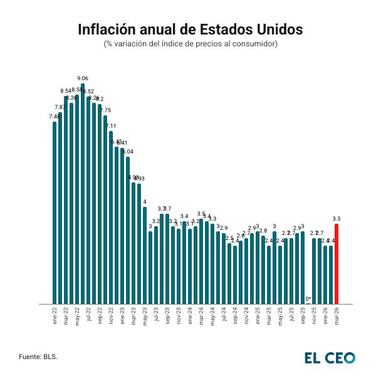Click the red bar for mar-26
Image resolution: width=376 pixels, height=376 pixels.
(x=337, y=263)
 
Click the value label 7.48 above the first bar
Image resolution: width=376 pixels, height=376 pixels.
(x=55, y=117)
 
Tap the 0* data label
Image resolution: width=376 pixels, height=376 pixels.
(x=308, y=298)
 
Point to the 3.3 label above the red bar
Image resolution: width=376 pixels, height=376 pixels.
(x=337, y=219)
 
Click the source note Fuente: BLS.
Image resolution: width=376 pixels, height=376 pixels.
(x=38, y=357)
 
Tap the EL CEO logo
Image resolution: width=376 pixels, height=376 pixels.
(x=330, y=357)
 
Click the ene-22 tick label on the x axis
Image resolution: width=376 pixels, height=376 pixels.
(x=55, y=315)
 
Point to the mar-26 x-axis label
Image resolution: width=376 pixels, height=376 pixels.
(x=337, y=315)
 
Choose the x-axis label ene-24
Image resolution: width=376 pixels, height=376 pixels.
(x=190, y=315)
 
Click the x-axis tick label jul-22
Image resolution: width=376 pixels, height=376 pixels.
(x=88, y=315)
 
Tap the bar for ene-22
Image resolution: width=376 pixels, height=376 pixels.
(x=55, y=213)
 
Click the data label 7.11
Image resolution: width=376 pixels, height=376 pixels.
(x=111, y=126)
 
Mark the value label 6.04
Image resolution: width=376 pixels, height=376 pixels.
(x=128, y=152)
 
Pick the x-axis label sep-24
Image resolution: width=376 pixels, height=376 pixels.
(x=235, y=315)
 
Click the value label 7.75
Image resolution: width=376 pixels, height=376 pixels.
(x=105, y=110)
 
